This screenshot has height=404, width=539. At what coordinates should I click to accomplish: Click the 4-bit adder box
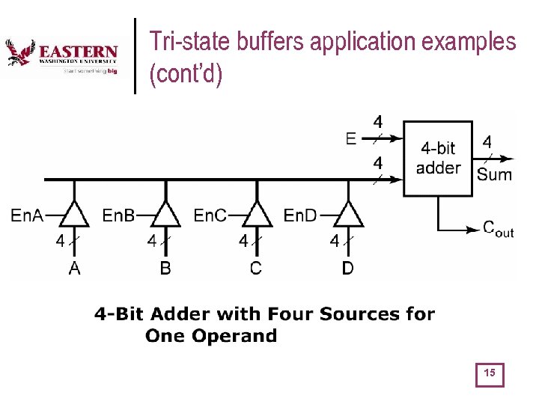pyautogui.click(x=439, y=158)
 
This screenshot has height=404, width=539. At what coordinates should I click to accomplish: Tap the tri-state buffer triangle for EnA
pyautogui.click(x=74, y=215)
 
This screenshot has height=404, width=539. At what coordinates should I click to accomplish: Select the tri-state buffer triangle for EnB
pyautogui.click(x=165, y=215)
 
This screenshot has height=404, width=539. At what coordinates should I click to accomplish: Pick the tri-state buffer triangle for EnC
pyautogui.click(x=257, y=215)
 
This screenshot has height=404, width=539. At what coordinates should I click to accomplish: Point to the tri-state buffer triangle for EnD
pyautogui.click(x=348, y=215)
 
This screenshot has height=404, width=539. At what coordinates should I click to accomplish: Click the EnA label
pyautogui.click(x=26, y=216)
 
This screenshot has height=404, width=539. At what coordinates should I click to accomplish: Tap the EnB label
pyautogui.click(x=118, y=216)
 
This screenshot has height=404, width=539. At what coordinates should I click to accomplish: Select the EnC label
pyautogui.click(x=210, y=216)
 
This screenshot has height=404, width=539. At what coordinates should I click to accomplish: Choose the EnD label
pyautogui.click(x=300, y=216)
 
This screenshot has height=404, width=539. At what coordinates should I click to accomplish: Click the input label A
pyautogui.click(x=74, y=268)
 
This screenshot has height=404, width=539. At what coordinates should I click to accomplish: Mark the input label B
pyautogui.click(x=165, y=268)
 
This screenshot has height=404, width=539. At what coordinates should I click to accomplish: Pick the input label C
pyautogui.click(x=256, y=268)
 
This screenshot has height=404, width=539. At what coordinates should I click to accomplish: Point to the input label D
pyautogui.click(x=347, y=268)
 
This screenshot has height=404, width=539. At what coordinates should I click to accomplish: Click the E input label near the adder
pyautogui.click(x=351, y=138)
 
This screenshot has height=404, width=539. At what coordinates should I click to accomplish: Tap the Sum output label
pyautogui.click(x=494, y=175)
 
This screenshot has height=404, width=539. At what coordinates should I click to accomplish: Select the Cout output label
pyautogui.click(x=498, y=230)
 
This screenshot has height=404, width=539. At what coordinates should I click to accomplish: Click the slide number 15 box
pyautogui.click(x=490, y=374)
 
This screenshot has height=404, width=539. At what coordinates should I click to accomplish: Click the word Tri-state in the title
pyautogui.click(x=189, y=42)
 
